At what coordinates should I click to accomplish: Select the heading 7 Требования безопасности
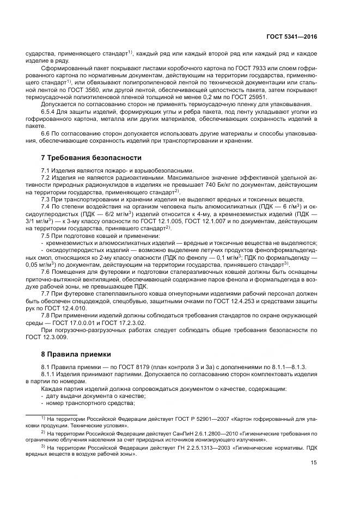click(x=91, y=158)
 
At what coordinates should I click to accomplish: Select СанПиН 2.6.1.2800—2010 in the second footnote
click(x=190, y=433)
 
